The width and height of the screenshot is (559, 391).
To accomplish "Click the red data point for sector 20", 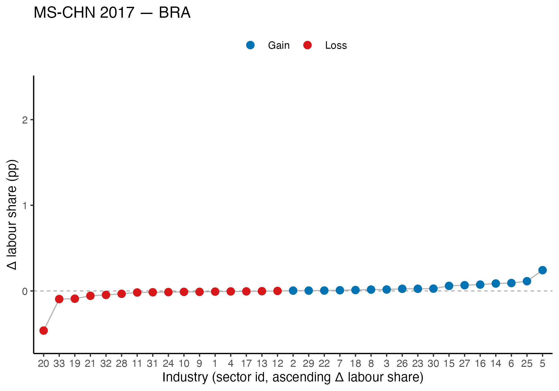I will click(x=43, y=330).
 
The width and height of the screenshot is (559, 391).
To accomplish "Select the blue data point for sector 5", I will click(x=542, y=270).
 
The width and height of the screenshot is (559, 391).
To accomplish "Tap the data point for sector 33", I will click(x=59, y=299).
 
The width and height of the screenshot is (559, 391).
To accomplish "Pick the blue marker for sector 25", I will click(x=527, y=281).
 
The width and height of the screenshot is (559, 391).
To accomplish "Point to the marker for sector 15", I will click(x=449, y=286).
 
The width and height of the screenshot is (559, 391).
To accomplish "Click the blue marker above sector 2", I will click(x=293, y=291).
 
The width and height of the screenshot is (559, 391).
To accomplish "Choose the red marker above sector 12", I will click(x=277, y=291).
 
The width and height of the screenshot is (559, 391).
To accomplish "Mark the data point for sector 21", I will click(x=90, y=296).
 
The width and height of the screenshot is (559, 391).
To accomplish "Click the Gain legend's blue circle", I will click(x=250, y=45).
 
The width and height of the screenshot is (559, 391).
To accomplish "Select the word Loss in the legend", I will click(x=336, y=46).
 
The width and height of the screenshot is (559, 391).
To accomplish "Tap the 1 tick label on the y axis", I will click(x=25, y=205).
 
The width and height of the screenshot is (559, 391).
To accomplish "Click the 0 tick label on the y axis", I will click(x=25, y=291).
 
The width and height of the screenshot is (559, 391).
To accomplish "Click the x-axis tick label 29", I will click(x=308, y=363).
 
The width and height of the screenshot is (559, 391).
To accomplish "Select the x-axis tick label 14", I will click(x=496, y=363).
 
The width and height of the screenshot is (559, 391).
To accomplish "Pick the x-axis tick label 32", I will click(x=106, y=363).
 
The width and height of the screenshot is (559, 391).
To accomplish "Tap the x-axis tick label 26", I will click(x=402, y=363).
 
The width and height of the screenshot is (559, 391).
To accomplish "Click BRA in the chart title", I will click(x=175, y=13).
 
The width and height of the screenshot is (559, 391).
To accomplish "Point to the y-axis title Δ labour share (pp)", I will click(x=12, y=215).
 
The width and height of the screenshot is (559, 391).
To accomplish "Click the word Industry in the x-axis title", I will click(x=185, y=377).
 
